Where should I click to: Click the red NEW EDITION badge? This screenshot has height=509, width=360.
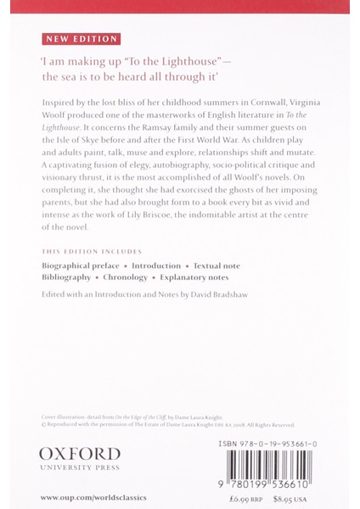tap(81, 39)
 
